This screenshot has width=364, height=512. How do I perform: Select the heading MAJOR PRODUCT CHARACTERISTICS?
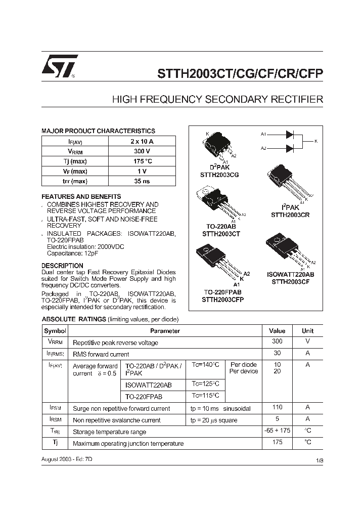tap(98, 131)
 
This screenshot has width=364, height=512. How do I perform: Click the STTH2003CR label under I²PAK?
tap(290, 215)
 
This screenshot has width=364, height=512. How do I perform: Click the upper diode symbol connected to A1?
tap(290, 135)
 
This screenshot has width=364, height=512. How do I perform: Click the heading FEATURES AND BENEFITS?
tap(81, 196)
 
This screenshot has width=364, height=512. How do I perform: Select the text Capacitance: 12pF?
tap(72, 253)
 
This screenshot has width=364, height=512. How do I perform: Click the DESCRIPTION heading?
tap(62, 266)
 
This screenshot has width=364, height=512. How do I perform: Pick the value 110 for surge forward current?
tap(277, 407)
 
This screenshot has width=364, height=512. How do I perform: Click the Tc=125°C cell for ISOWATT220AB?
tap(205, 385)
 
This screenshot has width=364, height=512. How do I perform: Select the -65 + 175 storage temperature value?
tap(277, 431)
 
